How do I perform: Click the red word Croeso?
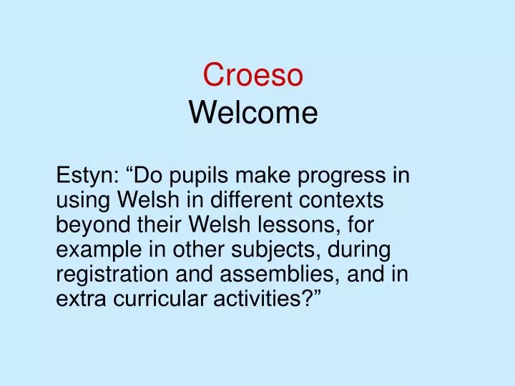point(253,74)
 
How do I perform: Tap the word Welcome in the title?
point(253,112)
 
